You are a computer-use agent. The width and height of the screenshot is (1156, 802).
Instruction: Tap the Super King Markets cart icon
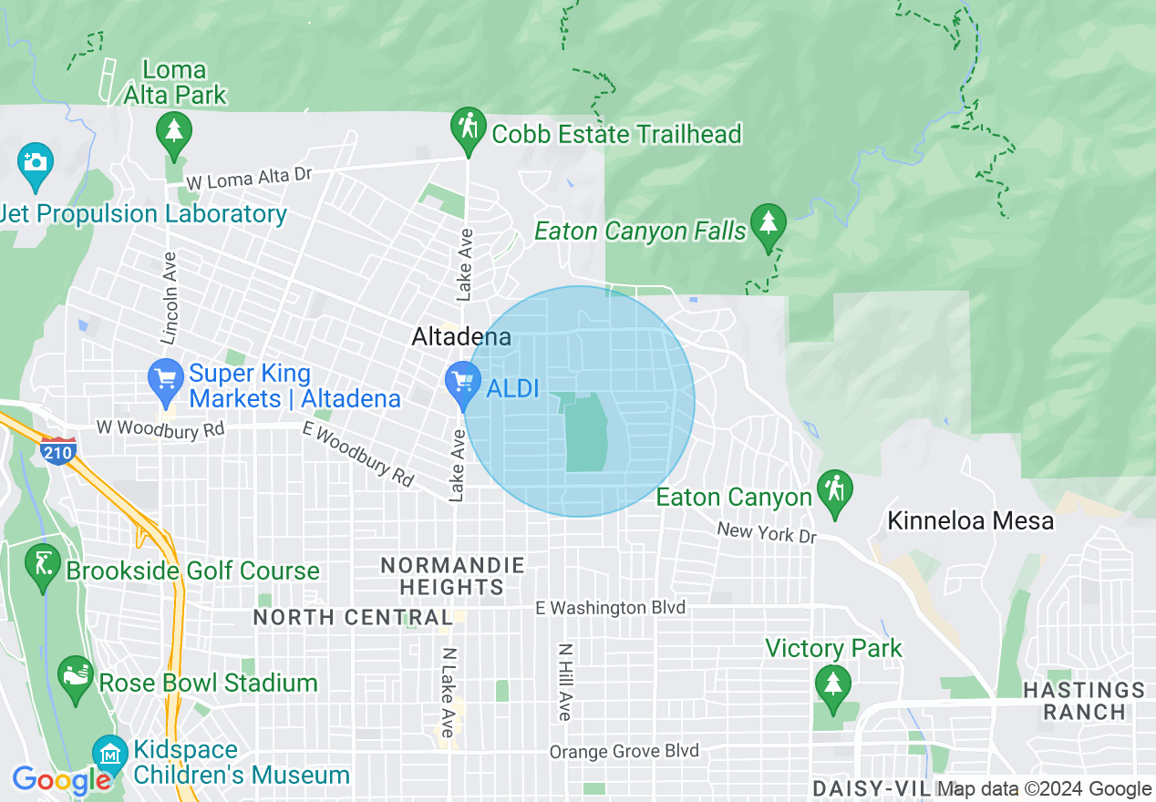pos(166,381)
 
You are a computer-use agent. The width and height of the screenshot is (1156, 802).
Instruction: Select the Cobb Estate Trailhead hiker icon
pos(469,129)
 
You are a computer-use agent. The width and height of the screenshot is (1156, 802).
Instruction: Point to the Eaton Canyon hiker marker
pos(834,491)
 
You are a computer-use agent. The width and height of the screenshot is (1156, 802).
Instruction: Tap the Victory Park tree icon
pos(831,685)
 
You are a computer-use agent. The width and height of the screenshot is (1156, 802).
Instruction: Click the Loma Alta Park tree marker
pos(173,132)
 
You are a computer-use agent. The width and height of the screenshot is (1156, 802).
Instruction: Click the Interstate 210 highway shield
pos(57,451)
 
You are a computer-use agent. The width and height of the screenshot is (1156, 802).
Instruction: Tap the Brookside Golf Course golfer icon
pos(43,565)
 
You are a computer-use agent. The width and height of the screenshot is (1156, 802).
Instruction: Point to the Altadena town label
pos(461,337)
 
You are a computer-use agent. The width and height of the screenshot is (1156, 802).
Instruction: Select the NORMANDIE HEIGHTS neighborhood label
pos(452,576)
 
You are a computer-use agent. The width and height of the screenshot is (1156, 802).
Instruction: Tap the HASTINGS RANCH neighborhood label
pos(1083,701)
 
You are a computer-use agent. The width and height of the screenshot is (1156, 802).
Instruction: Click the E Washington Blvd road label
pos(610,607)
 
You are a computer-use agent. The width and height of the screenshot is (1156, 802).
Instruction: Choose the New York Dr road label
pos(766,532)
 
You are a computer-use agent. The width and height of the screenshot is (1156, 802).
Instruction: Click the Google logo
pos(61,780)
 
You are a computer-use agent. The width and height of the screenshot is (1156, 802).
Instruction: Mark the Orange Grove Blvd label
pos(624,752)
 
